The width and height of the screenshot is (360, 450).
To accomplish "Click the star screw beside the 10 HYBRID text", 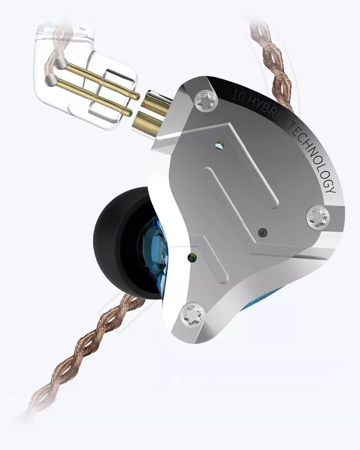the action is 205,101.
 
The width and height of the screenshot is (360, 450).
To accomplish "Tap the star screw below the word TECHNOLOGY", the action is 317,217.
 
